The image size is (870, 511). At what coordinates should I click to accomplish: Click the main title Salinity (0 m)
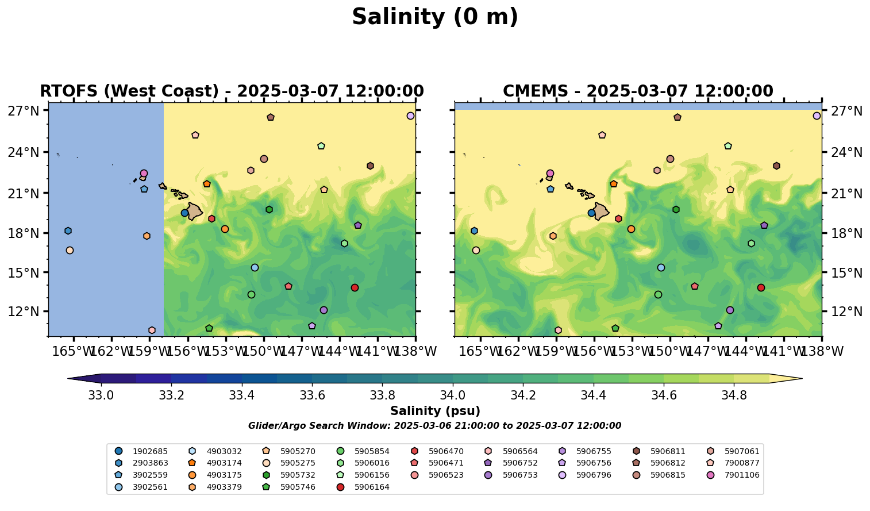point(435,17)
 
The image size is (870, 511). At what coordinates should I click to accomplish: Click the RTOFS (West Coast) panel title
point(232,91)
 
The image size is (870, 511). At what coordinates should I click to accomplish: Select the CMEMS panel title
point(638,91)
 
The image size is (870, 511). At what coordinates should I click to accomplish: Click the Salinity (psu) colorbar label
point(435,411)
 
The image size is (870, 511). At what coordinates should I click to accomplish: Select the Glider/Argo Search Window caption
point(434,426)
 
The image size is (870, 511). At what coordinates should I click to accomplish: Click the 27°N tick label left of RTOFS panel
point(23,111)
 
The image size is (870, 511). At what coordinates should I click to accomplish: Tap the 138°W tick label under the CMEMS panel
point(821,351)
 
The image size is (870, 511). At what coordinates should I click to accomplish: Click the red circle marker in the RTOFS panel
point(355,287)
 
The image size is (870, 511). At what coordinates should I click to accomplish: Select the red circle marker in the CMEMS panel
point(761,287)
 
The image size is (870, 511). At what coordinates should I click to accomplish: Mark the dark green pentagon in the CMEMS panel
point(615,328)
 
